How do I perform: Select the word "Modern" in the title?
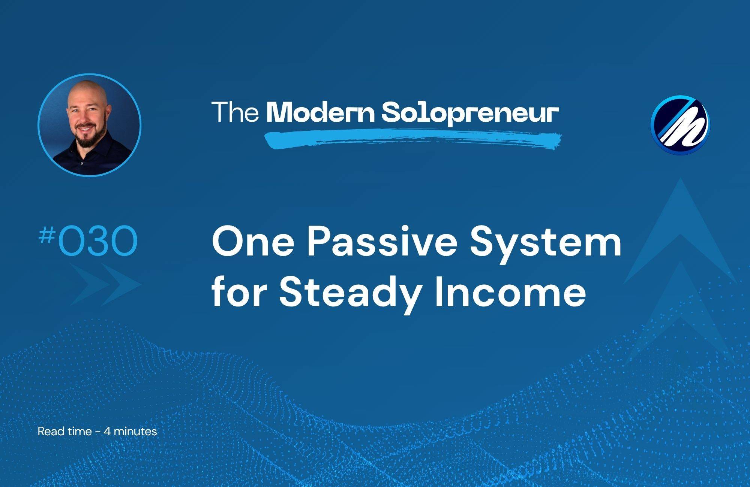point(320,112)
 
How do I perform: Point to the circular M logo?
point(680,125)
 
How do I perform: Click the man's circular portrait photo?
point(89,125)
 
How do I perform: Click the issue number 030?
point(97,242)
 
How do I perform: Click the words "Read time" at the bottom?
point(64,432)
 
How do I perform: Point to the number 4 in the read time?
point(107,432)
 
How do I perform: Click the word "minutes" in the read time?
point(135,432)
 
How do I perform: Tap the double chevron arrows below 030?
point(105,285)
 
